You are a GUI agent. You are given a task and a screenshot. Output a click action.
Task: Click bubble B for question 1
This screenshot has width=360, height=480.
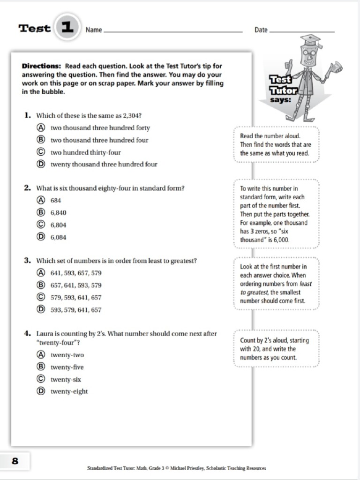41,140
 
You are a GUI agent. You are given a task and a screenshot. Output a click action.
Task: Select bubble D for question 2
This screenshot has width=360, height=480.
41,237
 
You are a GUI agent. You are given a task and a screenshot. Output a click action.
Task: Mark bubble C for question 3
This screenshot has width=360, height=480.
41,297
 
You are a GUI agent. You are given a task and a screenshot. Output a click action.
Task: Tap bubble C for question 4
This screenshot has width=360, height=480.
41,379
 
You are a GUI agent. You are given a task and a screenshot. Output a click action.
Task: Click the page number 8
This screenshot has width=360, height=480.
15,461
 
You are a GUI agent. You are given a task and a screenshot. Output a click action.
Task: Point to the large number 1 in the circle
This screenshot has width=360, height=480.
67,27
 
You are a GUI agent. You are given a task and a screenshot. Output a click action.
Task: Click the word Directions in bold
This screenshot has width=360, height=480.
41,66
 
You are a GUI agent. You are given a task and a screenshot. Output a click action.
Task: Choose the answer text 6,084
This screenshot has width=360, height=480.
59,237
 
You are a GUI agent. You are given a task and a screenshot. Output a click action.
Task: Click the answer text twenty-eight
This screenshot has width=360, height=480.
69,391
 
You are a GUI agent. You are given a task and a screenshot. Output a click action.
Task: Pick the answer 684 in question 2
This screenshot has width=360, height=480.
56,201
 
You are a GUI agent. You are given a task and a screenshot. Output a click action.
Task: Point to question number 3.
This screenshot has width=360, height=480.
28,261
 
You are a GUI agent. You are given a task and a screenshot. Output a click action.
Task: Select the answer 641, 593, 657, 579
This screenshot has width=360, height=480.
76,273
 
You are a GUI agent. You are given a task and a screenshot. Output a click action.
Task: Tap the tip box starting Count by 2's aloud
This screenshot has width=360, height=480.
276,349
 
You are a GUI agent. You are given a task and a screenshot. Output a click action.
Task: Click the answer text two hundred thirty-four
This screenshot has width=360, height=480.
86,152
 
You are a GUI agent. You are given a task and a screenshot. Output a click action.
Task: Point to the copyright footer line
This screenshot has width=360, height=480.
177,468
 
